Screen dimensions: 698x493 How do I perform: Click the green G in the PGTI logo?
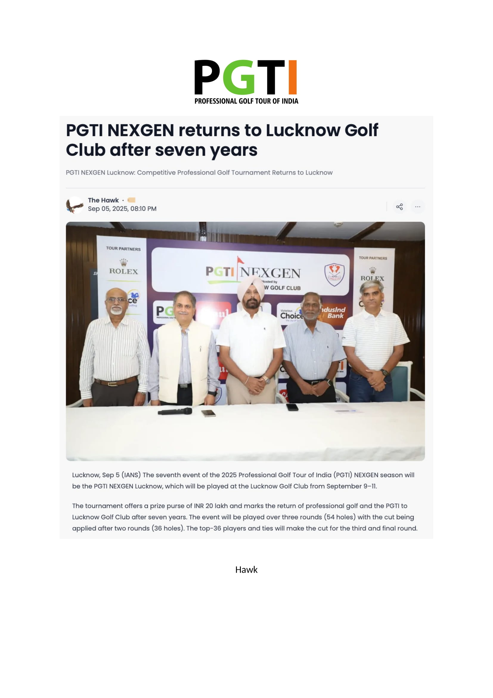[x=239, y=78]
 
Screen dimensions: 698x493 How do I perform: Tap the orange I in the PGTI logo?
[x=292, y=77]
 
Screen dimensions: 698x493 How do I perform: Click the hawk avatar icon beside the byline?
[x=75, y=205]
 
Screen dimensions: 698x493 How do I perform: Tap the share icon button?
[x=399, y=207]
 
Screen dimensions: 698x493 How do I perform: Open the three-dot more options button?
[x=418, y=207]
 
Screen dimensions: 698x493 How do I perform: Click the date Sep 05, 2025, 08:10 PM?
[x=122, y=209]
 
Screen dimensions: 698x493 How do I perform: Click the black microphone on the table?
[x=175, y=412]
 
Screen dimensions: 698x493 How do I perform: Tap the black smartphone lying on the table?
[x=292, y=407]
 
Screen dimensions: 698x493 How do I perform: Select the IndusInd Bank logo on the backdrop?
[x=333, y=312]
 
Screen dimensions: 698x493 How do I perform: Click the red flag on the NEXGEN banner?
[x=241, y=260]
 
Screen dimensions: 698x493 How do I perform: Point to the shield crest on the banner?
[x=334, y=275]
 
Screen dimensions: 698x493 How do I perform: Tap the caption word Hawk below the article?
[x=246, y=569]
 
